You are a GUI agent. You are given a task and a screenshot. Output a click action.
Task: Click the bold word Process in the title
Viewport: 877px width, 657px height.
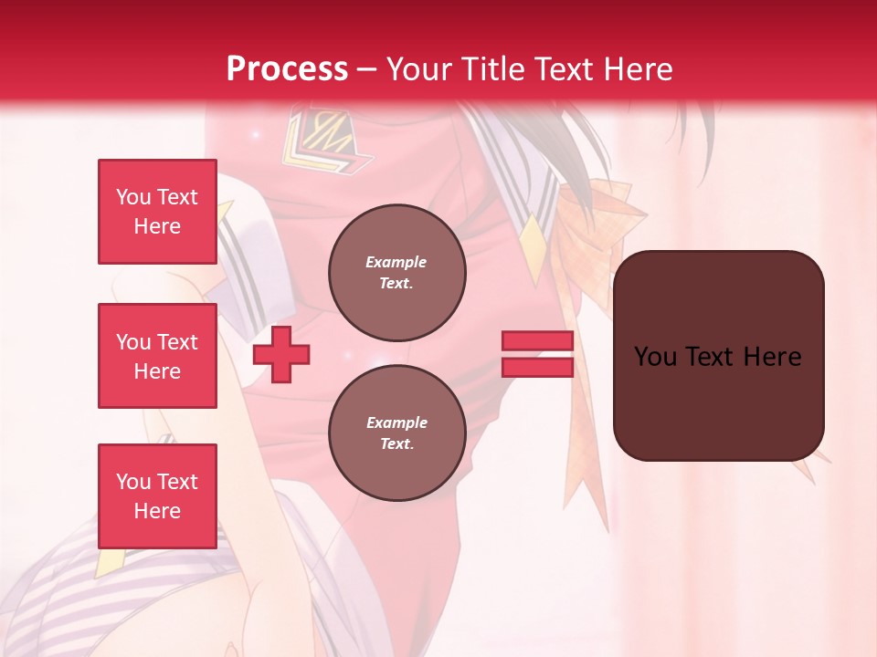click(287, 69)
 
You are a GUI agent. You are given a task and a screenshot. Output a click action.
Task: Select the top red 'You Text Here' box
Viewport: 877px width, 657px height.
click(157, 212)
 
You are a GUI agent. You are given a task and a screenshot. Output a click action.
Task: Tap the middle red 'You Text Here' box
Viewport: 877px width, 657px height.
click(157, 356)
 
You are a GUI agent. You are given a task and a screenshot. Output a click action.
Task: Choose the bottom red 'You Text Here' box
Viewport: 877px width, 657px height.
click(157, 496)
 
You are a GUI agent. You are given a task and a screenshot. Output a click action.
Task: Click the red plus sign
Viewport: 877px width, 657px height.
click(281, 354)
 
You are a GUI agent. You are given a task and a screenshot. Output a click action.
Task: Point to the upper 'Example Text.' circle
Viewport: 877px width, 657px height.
click(396, 272)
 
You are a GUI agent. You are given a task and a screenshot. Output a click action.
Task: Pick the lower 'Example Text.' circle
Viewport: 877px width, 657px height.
click(396, 433)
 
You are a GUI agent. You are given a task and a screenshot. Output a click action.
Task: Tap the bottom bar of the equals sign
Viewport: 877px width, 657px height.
click(537, 367)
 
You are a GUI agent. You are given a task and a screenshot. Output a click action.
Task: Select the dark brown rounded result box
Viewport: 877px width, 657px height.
click(718, 356)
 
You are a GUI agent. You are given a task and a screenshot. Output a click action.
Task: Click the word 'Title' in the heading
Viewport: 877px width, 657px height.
click(492, 69)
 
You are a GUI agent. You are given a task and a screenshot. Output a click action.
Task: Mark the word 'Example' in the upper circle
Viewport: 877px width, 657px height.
click(396, 262)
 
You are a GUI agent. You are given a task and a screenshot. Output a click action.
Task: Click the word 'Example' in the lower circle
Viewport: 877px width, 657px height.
click(396, 422)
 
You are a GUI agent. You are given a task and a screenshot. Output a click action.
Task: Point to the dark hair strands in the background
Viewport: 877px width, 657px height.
click(585, 146)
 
